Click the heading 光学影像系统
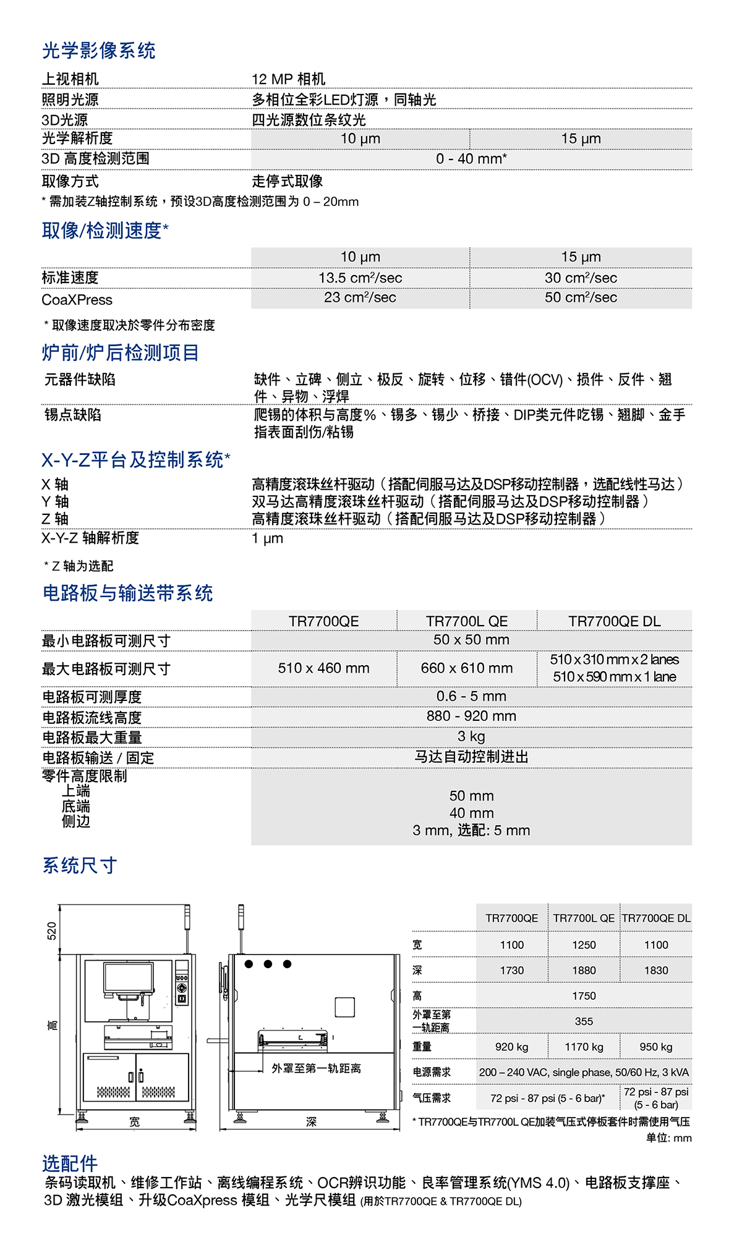pos(99,51)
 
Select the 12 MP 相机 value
pos(288,79)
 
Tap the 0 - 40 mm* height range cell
pos(471,159)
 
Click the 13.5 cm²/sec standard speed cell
pos(360,278)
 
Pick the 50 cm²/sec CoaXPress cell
pos(581,297)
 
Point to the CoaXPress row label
pos(77,300)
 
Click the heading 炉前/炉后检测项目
pos(121,353)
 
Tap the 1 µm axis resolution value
pos(268,538)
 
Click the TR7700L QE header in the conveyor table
pos(467,621)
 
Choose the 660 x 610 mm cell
pos(467,668)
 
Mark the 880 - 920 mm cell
pos(471,716)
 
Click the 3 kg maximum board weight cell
pos(471,736)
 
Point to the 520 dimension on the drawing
pos(52,930)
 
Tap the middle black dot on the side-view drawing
pos(268,964)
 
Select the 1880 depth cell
pos(584,971)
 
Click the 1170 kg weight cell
pos(584,1047)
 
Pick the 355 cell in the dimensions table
pos(584,1021)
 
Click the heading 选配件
pos(70,1163)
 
